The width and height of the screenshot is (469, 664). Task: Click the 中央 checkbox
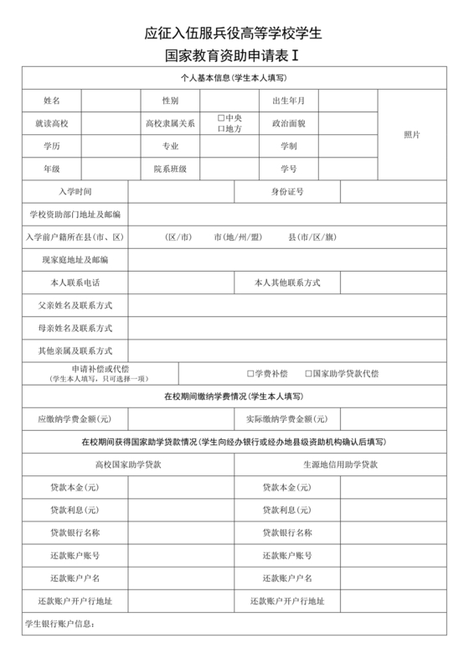tap(220, 117)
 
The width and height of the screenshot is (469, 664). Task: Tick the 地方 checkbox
tap(220, 128)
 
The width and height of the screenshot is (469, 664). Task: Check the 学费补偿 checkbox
tap(250, 373)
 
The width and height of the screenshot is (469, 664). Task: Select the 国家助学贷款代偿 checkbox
tap(308, 373)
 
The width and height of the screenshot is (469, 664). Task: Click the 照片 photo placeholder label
tap(412, 134)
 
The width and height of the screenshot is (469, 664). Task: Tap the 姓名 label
tap(52, 101)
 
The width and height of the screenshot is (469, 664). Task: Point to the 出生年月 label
tap(289, 101)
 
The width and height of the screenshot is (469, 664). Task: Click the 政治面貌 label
tap(289, 123)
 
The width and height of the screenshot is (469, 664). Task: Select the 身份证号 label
tap(287, 191)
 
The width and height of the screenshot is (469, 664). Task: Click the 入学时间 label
tap(75, 191)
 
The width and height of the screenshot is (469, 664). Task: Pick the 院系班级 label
tap(170, 169)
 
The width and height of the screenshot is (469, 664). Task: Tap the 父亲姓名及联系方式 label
tap(75, 305)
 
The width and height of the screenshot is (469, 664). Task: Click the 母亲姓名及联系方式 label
tap(75, 328)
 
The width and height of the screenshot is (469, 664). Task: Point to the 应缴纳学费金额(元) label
tap(75, 418)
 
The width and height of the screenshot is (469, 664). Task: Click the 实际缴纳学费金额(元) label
tap(286, 418)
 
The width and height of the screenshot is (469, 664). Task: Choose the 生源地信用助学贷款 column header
tap(340, 464)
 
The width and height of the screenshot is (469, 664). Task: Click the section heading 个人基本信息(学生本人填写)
tap(234, 78)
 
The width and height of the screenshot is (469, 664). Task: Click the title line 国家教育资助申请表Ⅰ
tap(234, 59)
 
